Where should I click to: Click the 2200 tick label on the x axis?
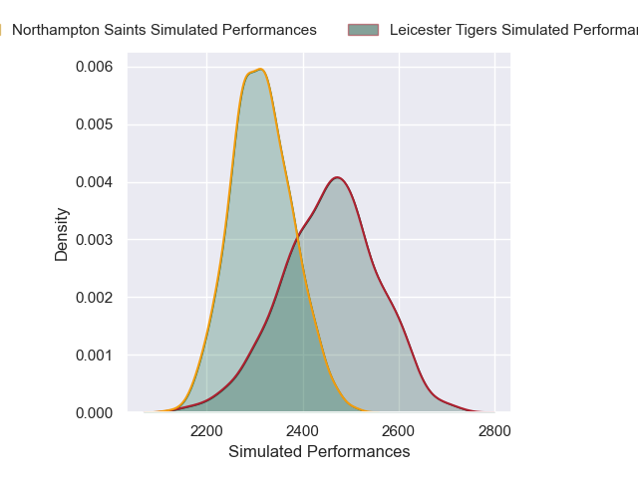click(206, 431)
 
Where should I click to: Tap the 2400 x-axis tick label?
click(303, 431)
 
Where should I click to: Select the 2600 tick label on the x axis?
click(399, 431)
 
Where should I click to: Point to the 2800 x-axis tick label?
click(494, 431)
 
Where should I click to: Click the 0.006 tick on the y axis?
click(93, 67)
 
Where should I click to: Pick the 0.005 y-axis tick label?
click(93, 124)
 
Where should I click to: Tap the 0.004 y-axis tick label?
click(93, 182)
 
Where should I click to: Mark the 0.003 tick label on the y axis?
click(93, 240)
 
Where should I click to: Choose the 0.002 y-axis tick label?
click(93, 298)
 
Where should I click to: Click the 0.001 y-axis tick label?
click(93, 356)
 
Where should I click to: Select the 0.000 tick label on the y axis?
click(93, 412)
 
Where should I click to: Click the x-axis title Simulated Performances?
click(319, 452)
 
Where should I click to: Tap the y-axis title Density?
click(62, 234)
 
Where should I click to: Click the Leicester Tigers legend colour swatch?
click(363, 30)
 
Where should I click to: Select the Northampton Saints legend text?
click(164, 30)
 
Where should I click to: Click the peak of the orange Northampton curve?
click(260, 70)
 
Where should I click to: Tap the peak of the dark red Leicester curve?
click(338, 178)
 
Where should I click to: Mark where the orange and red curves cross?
click(297, 234)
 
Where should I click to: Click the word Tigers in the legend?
click(475, 30)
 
